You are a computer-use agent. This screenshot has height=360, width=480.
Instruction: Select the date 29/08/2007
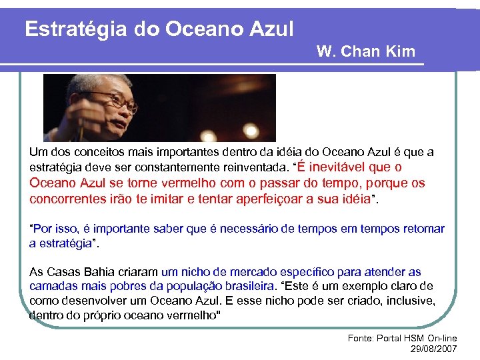click(433, 349)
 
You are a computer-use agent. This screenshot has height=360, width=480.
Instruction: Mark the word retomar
click(424, 229)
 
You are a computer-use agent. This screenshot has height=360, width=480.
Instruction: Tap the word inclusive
click(410, 301)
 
